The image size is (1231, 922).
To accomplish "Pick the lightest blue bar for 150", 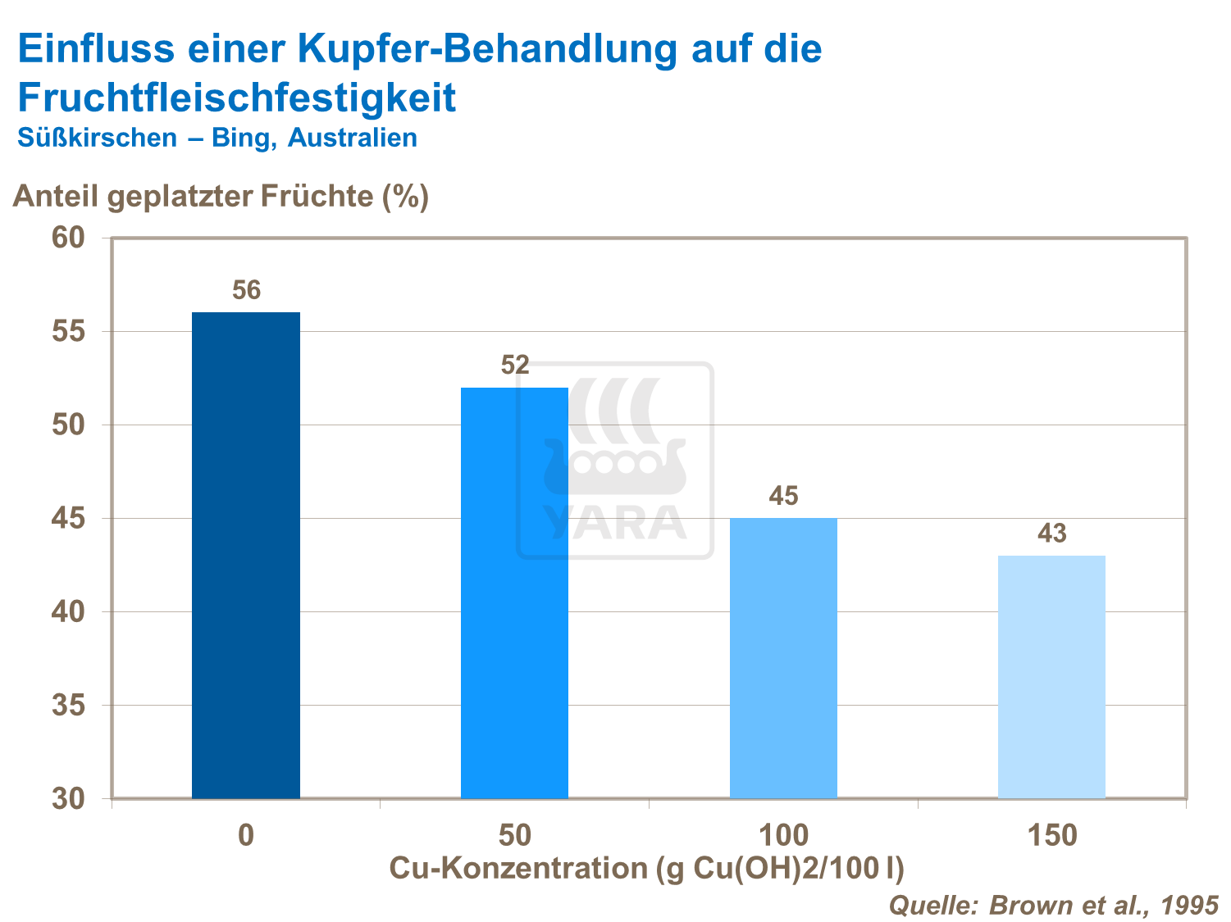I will pyautogui.click(x=1051, y=677).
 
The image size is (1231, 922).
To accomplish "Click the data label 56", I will pyautogui.click(x=246, y=290).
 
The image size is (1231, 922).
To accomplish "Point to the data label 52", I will pyautogui.click(x=515, y=365).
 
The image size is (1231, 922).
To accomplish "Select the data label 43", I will pyautogui.click(x=1052, y=534).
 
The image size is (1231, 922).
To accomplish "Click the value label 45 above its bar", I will pyautogui.click(x=783, y=496).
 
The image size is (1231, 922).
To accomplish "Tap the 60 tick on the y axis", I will pyautogui.click(x=68, y=238).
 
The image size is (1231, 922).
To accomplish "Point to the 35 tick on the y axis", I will pyautogui.click(x=68, y=705).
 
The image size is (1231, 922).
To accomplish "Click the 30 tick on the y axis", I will pyautogui.click(x=68, y=799).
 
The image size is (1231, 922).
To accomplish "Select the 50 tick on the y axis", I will pyautogui.click(x=68, y=425).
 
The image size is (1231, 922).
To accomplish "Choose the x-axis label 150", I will pyautogui.click(x=1051, y=836).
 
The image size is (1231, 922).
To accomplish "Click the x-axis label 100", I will pyautogui.click(x=783, y=836).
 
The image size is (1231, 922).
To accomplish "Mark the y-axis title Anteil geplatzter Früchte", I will pyautogui.click(x=221, y=197).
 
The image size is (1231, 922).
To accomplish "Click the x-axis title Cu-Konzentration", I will pyautogui.click(x=646, y=868).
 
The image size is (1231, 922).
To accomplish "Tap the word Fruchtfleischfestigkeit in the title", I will pyautogui.click(x=236, y=98).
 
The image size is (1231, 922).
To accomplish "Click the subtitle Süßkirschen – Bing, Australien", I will pyautogui.click(x=217, y=138).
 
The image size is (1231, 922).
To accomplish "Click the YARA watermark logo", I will pyautogui.click(x=615, y=461).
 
